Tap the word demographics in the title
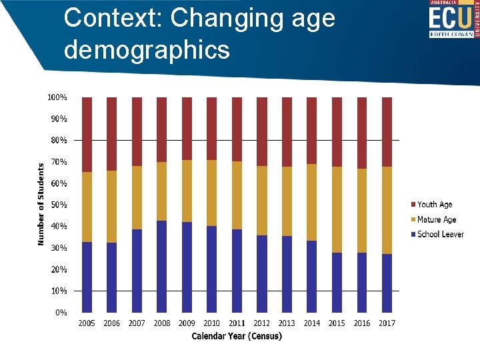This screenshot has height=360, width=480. pos(147,49)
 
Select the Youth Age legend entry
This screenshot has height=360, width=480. pos(434,205)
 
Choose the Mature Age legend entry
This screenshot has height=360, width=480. pos(436,219)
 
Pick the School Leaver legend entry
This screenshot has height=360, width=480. pos(439,234)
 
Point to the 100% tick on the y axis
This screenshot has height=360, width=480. pos(57,97)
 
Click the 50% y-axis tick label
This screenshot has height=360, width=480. pos(59,205)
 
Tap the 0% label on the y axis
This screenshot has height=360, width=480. pos(61,312)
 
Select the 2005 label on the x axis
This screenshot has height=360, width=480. pos(87,323)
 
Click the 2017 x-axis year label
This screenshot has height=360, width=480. pos(387,323)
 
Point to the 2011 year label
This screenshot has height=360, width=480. pos(237,323)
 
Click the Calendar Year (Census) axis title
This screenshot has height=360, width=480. pos(237,336)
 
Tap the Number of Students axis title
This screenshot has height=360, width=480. pos(41,204)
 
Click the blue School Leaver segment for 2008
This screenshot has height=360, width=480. pos(162,267)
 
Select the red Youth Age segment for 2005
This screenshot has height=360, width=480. pos(87,134)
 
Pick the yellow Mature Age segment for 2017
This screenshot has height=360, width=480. pos(387,210)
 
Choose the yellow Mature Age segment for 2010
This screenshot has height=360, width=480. pos(212,193)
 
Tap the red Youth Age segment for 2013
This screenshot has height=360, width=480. pos(287,131)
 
